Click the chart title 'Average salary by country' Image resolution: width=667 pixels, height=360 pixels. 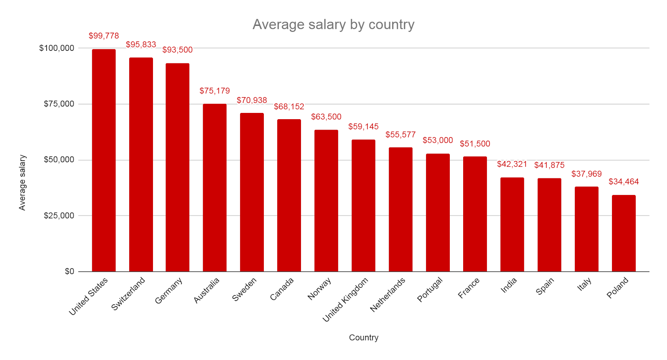[x=333, y=25]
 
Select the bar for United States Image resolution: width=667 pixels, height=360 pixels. [x=104, y=160]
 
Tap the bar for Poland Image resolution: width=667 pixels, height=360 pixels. [x=624, y=233]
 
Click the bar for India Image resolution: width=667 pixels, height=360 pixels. [x=512, y=225]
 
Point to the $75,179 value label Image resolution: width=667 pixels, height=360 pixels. [x=215, y=91]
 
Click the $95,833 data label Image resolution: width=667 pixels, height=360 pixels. [x=141, y=45]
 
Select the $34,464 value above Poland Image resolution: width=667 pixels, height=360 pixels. [x=624, y=182]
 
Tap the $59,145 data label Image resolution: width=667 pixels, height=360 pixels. [x=364, y=127]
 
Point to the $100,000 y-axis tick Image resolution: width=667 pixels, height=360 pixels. [x=57, y=48]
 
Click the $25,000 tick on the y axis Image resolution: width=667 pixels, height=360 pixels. [x=59, y=216]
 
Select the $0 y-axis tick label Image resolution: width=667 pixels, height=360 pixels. [x=69, y=272]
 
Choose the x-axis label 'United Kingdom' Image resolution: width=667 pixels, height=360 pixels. [x=346, y=300]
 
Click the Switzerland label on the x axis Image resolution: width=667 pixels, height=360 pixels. [x=128, y=294]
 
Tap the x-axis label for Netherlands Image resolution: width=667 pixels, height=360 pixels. [x=388, y=295]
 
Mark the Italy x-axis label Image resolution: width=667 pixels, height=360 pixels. [x=584, y=284]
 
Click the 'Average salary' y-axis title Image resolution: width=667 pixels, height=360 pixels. [x=22, y=182]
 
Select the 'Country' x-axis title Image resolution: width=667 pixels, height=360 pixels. [x=364, y=337]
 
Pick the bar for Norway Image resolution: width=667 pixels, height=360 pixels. [x=326, y=201]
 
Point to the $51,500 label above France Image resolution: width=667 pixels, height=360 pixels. [x=475, y=144]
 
